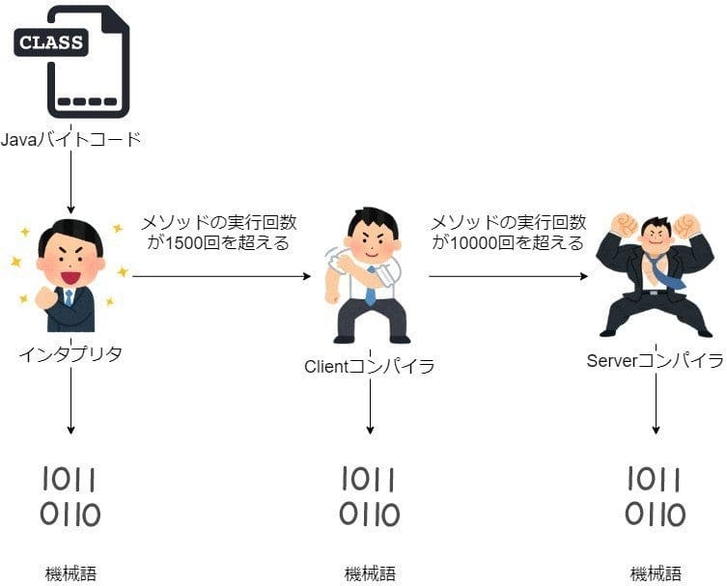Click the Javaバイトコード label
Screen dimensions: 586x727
pos(71,140)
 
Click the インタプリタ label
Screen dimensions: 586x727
pos(70,353)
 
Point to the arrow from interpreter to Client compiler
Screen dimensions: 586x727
pos(221,277)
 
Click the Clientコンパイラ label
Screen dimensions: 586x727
pos(370,367)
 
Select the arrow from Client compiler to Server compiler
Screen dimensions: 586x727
pos(508,277)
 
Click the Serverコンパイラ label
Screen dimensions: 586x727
pos(656,361)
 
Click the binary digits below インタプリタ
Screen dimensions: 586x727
pos(70,496)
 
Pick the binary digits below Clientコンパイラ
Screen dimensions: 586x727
pos(369,496)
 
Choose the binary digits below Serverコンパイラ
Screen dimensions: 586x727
pos(656,496)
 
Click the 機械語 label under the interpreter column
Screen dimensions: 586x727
pos(70,573)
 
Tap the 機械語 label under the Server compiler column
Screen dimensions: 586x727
pos(656,573)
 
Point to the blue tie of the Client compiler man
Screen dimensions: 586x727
pos(370,287)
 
